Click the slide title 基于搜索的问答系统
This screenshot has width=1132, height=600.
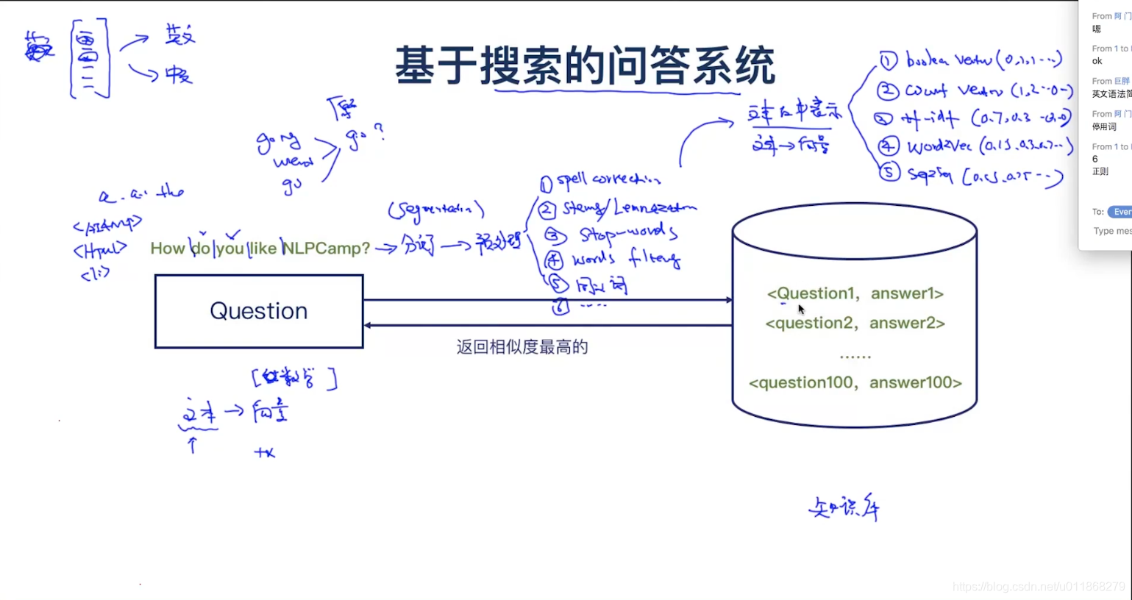click(x=585, y=65)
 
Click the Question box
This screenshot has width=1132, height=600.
click(x=259, y=311)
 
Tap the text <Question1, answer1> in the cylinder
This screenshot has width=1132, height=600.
click(x=855, y=293)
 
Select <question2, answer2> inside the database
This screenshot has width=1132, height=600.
click(x=855, y=323)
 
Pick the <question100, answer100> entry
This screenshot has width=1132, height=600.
click(x=855, y=382)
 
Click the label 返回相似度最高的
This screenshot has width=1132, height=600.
click(x=521, y=347)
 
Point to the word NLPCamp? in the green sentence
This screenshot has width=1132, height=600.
click(x=326, y=249)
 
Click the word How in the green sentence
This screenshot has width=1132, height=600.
click(x=167, y=249)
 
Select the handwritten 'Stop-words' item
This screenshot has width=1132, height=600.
click(x=627, y=234)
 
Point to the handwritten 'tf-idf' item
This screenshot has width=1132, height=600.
click(x=930, y=118)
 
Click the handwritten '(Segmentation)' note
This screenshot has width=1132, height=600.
click(x=435, y=210)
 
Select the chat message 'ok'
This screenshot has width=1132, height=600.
click(x=1097, y=61)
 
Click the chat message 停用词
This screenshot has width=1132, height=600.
click(x=1103, y=126)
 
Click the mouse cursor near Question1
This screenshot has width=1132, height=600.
click(x=800, y=309)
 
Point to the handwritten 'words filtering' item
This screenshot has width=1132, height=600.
click(x=626, y=259)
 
